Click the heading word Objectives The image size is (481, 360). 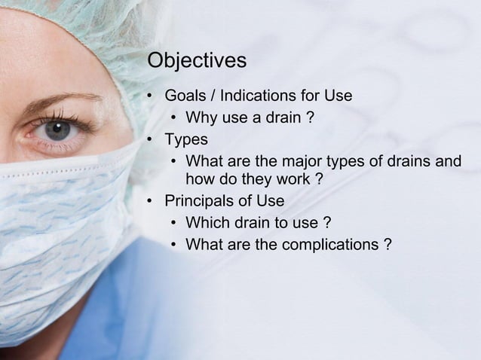[x=197, y=60]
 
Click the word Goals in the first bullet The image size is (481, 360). [x=185, y=96]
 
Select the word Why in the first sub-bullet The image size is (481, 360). [x=201, y=117]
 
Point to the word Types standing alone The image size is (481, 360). [x=186, y=139]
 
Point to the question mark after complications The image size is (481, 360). [x=387, y=244]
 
